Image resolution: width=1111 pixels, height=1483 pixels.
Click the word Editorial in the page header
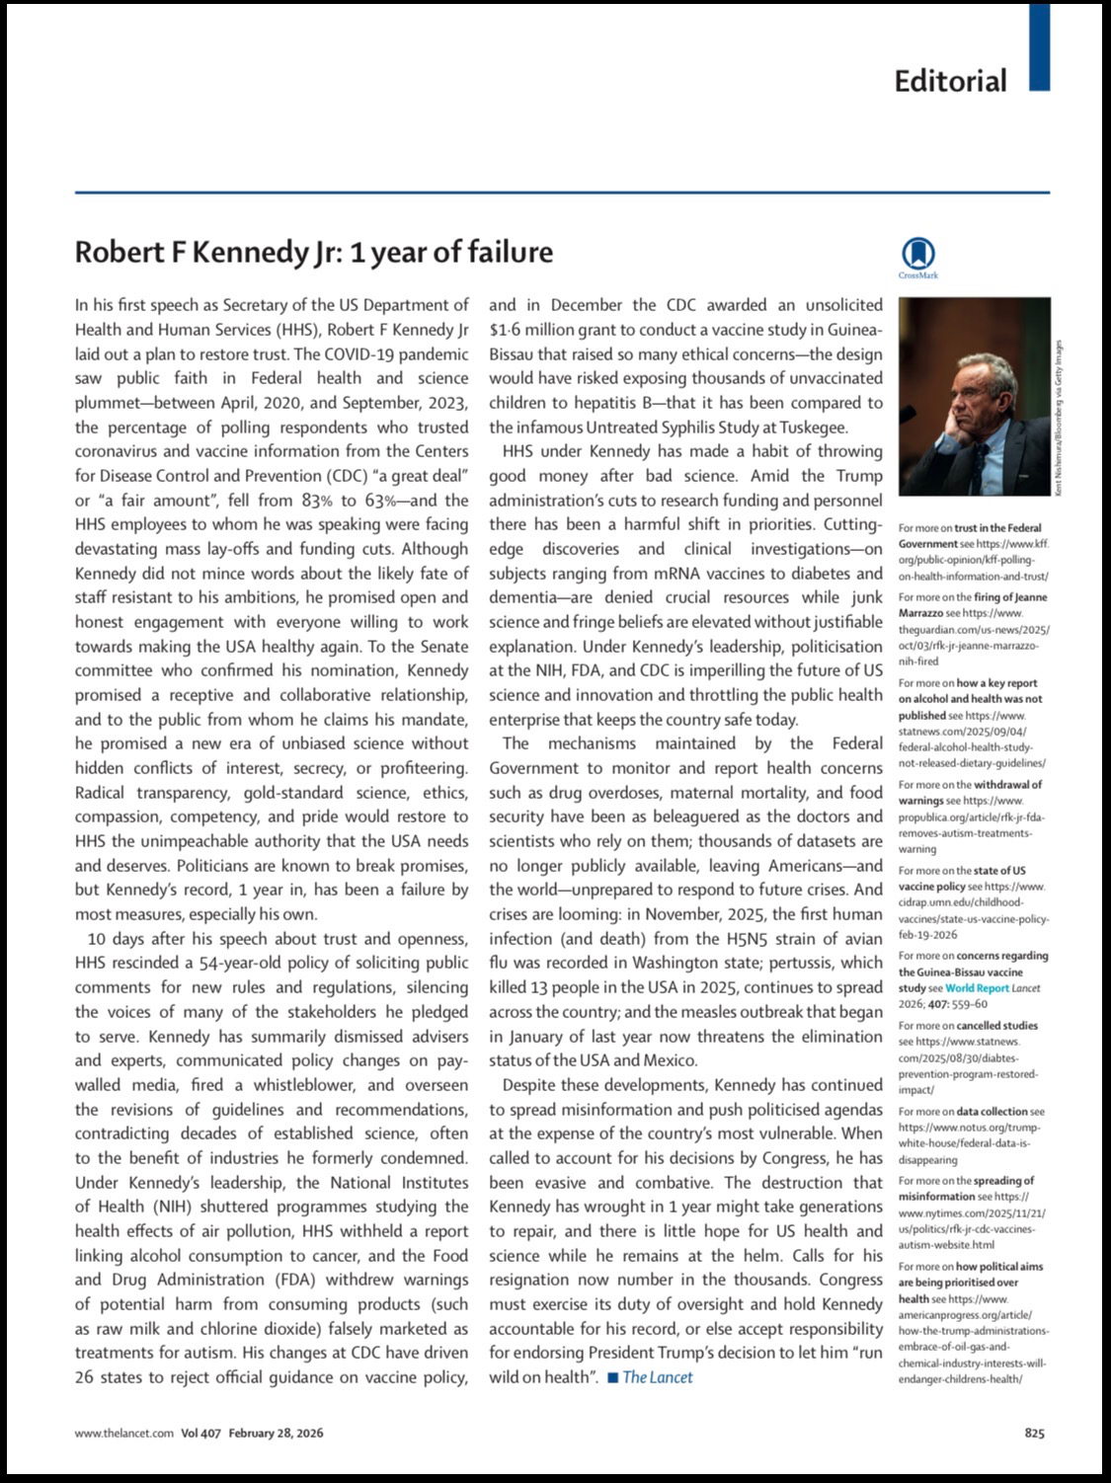(950, 81)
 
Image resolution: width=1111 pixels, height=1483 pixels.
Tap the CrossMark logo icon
(917, 254)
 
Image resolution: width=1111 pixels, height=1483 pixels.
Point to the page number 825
(1034, 1433)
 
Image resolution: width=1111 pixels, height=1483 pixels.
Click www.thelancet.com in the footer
(124, 1433)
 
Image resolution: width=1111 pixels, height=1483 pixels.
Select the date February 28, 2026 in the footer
(276, 1433)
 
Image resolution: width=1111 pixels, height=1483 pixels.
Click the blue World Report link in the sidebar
(976, 987)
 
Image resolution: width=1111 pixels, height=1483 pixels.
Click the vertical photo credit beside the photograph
(1059, 419)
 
